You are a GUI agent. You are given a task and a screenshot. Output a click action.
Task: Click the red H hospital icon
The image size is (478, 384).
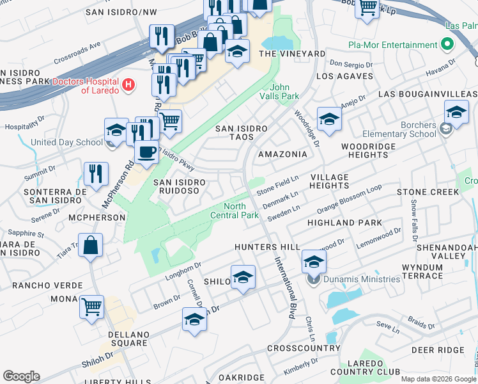click(129, 84)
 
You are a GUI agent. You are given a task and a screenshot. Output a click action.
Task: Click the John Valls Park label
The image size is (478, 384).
click(284, 92)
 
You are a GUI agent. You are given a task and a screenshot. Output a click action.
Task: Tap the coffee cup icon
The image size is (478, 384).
click(147, 153)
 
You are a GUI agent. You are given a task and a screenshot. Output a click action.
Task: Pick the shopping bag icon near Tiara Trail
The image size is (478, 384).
click(91, 244)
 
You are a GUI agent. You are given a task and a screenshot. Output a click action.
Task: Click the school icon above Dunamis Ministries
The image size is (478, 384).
click(314, 261)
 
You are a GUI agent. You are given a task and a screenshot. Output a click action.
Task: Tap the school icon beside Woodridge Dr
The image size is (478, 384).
click(329, 119)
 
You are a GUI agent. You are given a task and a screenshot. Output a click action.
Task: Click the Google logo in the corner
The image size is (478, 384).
click(22, 376)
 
